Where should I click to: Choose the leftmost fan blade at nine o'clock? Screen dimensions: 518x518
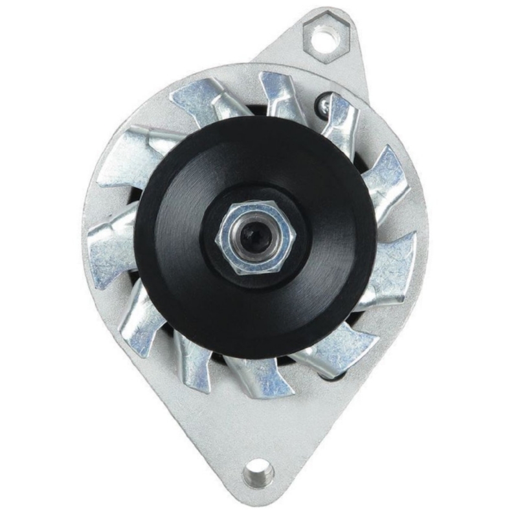110,243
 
